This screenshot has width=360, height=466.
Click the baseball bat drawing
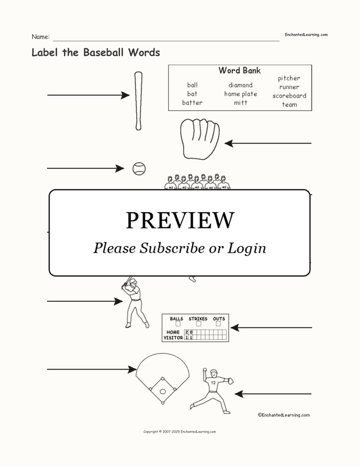pyautogui.click(x=138, y=101)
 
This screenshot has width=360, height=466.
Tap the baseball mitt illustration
pyautogui.click(x=200, y=139)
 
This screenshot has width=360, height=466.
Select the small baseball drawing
pyautogui.click(x=139, y=169)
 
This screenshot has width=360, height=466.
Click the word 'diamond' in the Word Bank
pyautogui.click(x=240, y=85)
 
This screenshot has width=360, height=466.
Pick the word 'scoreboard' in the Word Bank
pyautogui.click(x=289, y=96)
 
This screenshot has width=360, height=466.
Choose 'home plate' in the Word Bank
pyautogui.click(x=241, y=94)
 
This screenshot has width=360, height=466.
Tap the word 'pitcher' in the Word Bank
pyautogui.click(x=289, y=78)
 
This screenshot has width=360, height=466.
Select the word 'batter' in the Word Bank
pyautogui.click(x=192, y=103)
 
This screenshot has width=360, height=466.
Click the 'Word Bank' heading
pyautogui.click(x=239, y=70)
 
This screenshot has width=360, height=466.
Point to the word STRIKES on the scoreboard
pyautogui.click(x=198, y=319)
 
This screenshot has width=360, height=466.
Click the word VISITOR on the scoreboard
pyautogui.click(x=173, y=338)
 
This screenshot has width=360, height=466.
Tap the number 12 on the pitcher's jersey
pyautogui.click(x=213, y=382)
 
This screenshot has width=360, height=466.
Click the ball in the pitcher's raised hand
pyautogui.click(x=205, y=370)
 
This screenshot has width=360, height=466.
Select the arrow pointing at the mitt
pyautogui.click(x=268, y=143)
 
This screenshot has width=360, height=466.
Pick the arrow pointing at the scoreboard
pyautogui.click(x=271, y=328)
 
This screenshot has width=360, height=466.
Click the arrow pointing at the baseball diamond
pyautogui.click(x=92, y=369)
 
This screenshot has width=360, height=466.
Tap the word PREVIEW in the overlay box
pyautogui.click(x=180, y=220)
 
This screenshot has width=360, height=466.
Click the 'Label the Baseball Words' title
pyautogui.click(x=96, y=52)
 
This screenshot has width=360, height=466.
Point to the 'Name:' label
pyautogui.click(x=41, y=37)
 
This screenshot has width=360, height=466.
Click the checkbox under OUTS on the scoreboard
pyautogui.click(x=218, y=324)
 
